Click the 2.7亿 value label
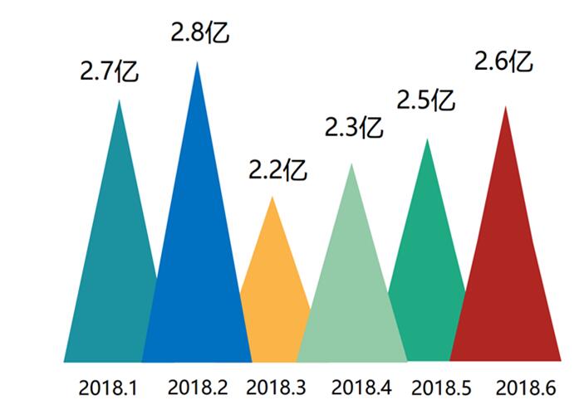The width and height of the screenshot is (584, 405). click(x=109, y=71)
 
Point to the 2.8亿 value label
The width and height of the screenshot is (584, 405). click(x=199, y=33)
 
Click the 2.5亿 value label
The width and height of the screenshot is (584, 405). click(x=425, y=100)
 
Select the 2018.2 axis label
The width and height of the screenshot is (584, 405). click(x=197, y=387)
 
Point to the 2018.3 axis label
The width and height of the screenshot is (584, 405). click(x=276, y=387)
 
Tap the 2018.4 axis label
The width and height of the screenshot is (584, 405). click(x=361, y=387)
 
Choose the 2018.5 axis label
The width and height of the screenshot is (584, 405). click(x=441, y=387)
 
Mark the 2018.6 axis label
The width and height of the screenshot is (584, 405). click(x=525, y=387)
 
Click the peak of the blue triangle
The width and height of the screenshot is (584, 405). click(x=197, y=63)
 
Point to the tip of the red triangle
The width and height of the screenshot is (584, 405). click(x=505, y=108)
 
